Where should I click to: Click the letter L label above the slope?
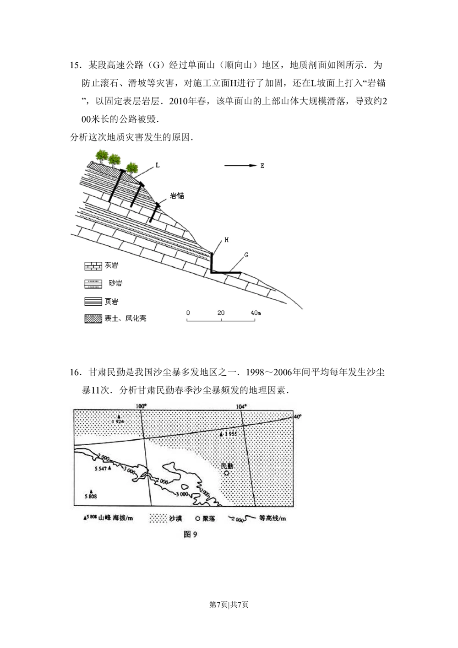click(x=158, y=165)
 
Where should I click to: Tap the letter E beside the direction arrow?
click(x=262, y=166)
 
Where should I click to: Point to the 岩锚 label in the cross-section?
click(x=177, y=196)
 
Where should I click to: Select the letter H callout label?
click(x=226, y=240)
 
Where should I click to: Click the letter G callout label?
click(x=246, y=255)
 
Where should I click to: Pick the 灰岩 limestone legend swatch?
click(x=93, y=266)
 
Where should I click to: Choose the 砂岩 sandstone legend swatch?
click(x=93, y=284)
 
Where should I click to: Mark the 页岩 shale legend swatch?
click(x=93, y=302)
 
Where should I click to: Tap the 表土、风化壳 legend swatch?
click(x=93, y=319)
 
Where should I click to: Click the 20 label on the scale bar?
click(x=221, y=313)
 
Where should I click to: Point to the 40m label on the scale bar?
click(x=256, y=313)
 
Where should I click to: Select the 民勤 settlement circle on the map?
click(x=227, y=473)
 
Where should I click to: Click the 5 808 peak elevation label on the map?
click(x=91, y=497)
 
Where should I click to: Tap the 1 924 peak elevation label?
click(x=118, y=422)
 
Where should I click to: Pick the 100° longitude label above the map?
click(x=141, y=406)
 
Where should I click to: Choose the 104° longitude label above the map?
click(x=241, y=406)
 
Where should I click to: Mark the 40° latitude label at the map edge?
click(x=298, y=417)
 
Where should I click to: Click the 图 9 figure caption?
click(x=190, y=535)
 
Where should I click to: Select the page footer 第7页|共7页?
click(x=229, y=605)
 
